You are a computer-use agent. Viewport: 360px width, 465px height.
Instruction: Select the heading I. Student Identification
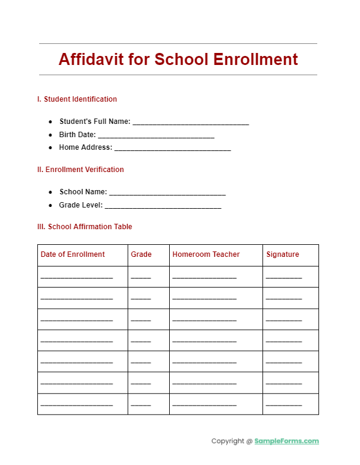click(x=77, y=99)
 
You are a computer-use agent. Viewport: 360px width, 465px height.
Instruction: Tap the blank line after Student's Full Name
click(x=190, y=122)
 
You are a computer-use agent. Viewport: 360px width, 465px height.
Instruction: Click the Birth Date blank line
click(x=156, y=135)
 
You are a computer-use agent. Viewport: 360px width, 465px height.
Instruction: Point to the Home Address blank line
click(x=172, y=148)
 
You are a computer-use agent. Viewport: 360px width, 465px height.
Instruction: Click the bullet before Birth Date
click(x=51, y=135)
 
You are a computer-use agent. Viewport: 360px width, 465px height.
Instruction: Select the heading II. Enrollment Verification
click(x=81, y=170)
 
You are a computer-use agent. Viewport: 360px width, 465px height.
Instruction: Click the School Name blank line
click(x=167, y=192)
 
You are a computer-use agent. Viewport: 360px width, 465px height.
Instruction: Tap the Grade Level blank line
click(x=163, y=206)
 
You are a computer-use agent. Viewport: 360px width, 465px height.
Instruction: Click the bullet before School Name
click(x=51, y=192)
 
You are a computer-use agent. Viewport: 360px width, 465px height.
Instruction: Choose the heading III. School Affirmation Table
click(x=85, y=227)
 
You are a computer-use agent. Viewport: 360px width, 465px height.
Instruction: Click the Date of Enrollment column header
click(x=73, y=254)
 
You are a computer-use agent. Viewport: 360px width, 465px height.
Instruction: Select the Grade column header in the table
click(x=141, y=254)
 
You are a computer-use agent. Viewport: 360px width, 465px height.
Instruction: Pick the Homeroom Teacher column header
click(x=206, y=254)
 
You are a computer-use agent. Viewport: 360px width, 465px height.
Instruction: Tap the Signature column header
click(x=282, y=254)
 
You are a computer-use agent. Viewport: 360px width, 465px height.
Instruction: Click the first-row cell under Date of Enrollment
click(x=77, y=277)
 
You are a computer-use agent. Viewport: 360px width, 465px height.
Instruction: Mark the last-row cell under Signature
click(x=284, y=404)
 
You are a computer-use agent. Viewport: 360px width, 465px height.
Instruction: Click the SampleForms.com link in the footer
click(x=287, y=441)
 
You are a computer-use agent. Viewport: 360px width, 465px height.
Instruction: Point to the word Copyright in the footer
click(x=228, y=441)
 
